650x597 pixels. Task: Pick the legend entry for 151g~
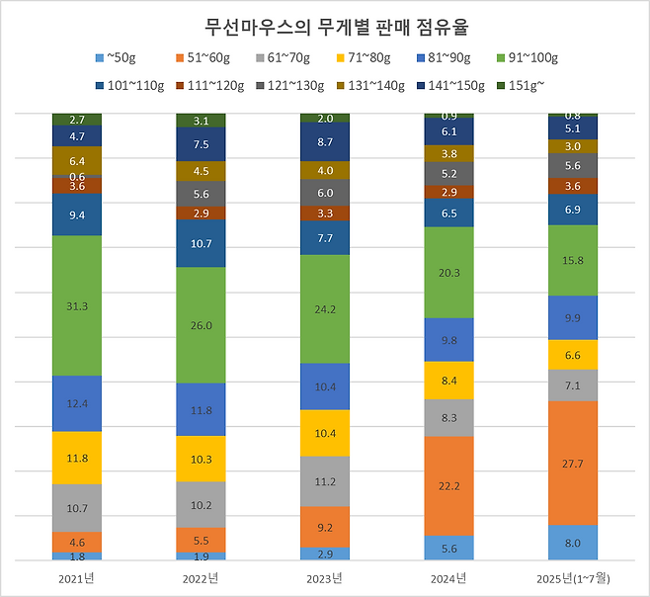pyautogui.click(x=531, y=85)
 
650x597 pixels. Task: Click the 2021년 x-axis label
pyautogui.click(x=77, y=577)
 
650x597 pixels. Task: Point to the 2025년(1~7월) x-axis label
pyautogui.click(x=573, y=577)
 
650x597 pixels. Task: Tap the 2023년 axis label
pyautogui.click(x=325, y=577)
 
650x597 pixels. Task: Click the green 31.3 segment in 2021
pyautogui.click(x=77, y=305)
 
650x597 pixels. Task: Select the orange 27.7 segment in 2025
pyautogui.click(x=573, y=463)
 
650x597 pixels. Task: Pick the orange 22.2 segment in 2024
pyautogui.click(x=449, y=485)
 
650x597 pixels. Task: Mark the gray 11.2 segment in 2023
pyautogui.click(x=325, y=481)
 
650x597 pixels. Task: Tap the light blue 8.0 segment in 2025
pyautogui.click(x=573, y=543)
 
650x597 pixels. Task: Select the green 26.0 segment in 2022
pyautogui.click(x=202, y=325)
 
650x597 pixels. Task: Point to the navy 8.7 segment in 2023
pyautogui.click(x=325, y=142)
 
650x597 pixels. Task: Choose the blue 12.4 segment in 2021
pyautogui.click(x=77, y=403)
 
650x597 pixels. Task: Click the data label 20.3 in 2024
pyautogui.click(x=449, y=273)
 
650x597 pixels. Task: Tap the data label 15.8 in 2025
pyautogui.click(x=573, y=260)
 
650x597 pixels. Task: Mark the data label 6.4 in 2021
pyautogui.click(x=77, y=160)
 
